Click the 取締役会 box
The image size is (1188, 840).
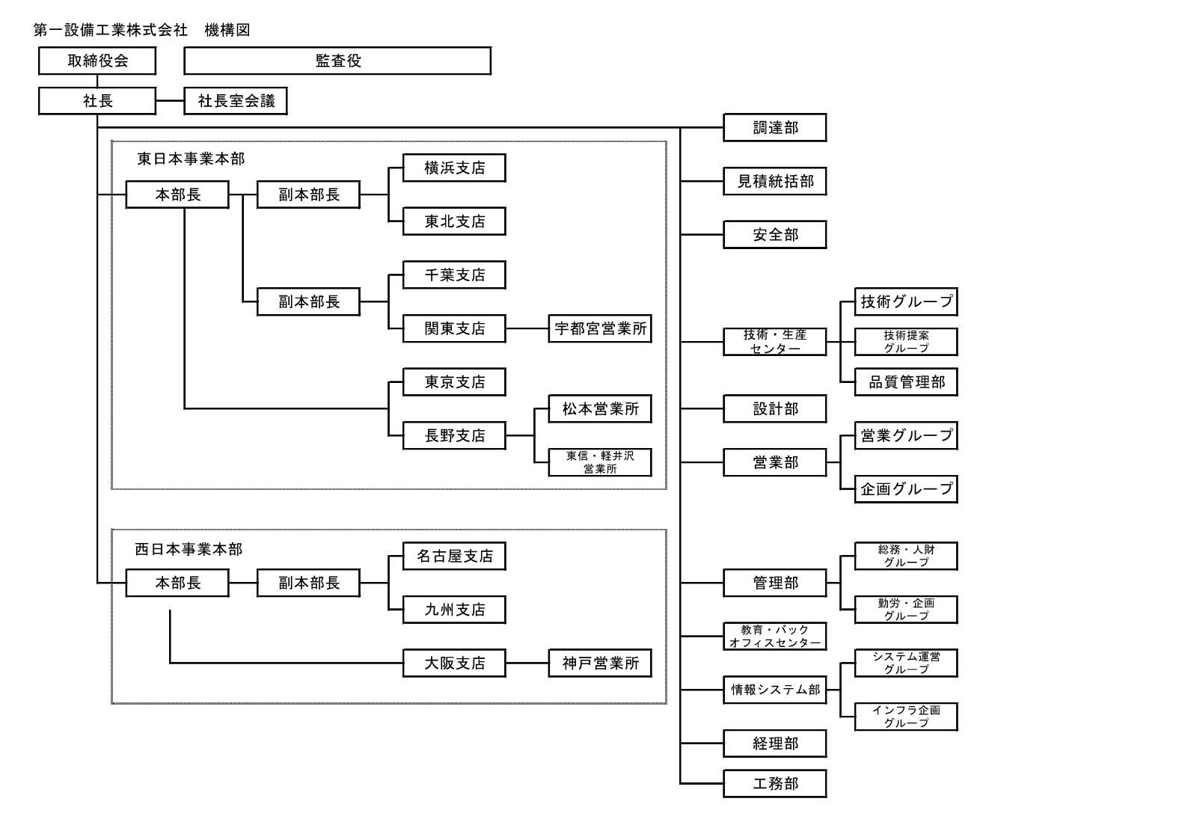(x=97, y=61)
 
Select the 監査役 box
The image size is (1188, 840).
(x=337, y=61)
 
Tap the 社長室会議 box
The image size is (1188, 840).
(x=236, y=101)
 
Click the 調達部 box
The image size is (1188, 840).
(x=775, y=128)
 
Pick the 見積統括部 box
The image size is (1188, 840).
(x=775, y=181)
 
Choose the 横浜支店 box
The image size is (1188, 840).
(x=454, y=168)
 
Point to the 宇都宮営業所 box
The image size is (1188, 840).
(x=600, y=328)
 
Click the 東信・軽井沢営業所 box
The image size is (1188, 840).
(x=600, y=462)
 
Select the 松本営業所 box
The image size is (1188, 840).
(x=600, y=409)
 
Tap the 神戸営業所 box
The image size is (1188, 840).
(x=600, y=663)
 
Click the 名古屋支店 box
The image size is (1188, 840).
(x=454, y=556)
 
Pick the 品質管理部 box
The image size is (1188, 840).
(x=906, y=382)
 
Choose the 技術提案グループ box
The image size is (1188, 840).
(x=906, y=342)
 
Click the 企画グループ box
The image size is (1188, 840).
(x=906, y=489)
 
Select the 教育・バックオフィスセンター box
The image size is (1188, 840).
(x=775, y=637)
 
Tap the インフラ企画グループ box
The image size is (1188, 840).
(x=906, y=717)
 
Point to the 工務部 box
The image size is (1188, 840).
(x=775, y=784)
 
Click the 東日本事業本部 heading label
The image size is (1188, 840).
(x=191, y=159)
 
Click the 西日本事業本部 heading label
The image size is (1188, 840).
(x=189, y=549)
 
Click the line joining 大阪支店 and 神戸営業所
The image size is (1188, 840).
(x=527, y=663)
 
